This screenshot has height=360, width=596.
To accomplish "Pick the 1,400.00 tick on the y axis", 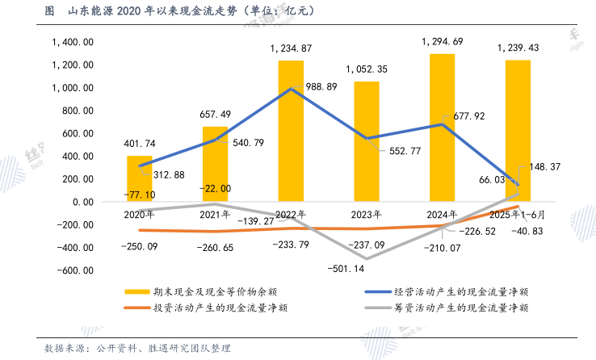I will coord(73,42).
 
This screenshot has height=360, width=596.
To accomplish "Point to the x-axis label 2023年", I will coord(367,215).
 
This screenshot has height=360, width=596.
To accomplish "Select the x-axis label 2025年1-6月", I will coord(518,215).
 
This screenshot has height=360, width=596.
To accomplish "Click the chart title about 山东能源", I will coord(178,11).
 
